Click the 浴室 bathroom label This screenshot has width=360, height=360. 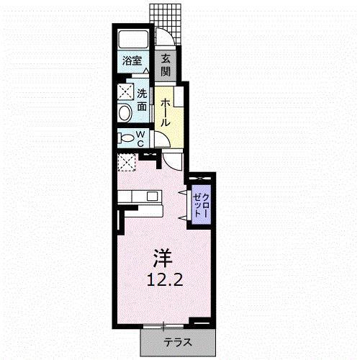tap(132, 60)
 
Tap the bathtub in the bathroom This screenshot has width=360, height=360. tap(133, 39)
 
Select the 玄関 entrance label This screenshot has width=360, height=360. tap(166, 66)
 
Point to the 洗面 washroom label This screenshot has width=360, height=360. tap(142, 100)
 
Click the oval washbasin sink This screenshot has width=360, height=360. tap(125, 112)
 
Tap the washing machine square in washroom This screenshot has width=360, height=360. tap(126, 91)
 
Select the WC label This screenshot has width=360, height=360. tap(140, 139)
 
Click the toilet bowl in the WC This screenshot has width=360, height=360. tap(127, 138)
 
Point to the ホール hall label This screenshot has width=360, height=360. tap(165, 112)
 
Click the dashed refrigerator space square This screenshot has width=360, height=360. tap(127, 162)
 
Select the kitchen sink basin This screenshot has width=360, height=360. tap(152, 197)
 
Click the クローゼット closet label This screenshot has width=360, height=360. tap(201, 205)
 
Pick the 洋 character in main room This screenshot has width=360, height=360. tap(163, 258)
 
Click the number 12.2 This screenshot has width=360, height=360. tap(165, 279)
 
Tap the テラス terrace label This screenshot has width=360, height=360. tap(178, 343)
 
